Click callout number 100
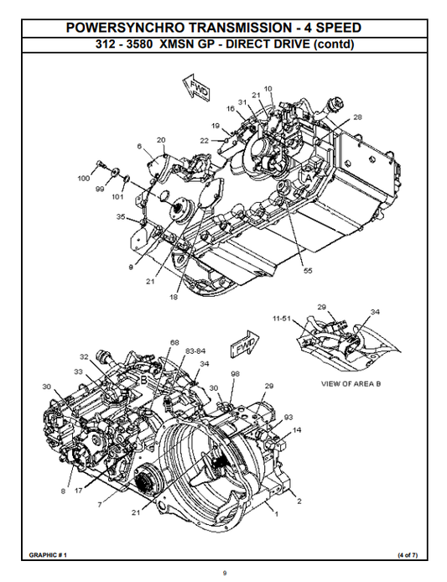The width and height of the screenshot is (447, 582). point(85,179)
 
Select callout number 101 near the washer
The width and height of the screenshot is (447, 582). point(117,197)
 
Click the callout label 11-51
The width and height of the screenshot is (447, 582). point(282,319)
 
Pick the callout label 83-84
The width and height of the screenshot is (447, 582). point(195,350)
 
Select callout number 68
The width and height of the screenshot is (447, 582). point(174,342)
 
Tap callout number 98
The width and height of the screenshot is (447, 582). point(236,373)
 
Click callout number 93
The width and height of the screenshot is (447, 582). point(288,417)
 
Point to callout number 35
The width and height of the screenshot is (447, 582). point(122,217)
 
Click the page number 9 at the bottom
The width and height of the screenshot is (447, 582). point(224,573)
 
